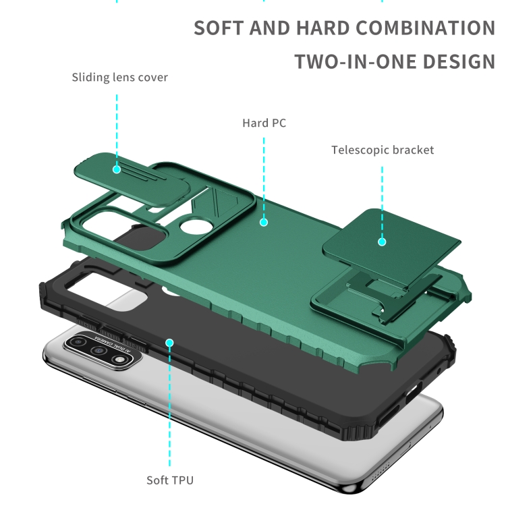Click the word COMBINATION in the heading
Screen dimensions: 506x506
tap(425, 28)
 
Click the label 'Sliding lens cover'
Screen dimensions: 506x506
tap(119, 78)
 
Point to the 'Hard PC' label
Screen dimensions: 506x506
tap(264, 123)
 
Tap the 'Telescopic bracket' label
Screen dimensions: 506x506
tap(383, 150)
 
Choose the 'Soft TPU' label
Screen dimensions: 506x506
tap(170, 480)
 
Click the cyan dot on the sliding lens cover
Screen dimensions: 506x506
tap(117, 169)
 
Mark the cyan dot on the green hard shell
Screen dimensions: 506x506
tap(264, 223)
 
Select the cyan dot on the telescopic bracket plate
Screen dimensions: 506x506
tap(382, 242)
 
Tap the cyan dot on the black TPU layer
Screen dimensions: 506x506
tap(170, 343)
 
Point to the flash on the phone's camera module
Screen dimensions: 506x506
tap(119, 359)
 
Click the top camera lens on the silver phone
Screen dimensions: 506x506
tap(78, 341)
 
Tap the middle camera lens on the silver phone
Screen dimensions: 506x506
tap(99, 350)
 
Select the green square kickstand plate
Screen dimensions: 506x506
tap(392, 247)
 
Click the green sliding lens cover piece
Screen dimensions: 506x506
tap(132, 179)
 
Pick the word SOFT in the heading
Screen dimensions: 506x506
tap(219, 28)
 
